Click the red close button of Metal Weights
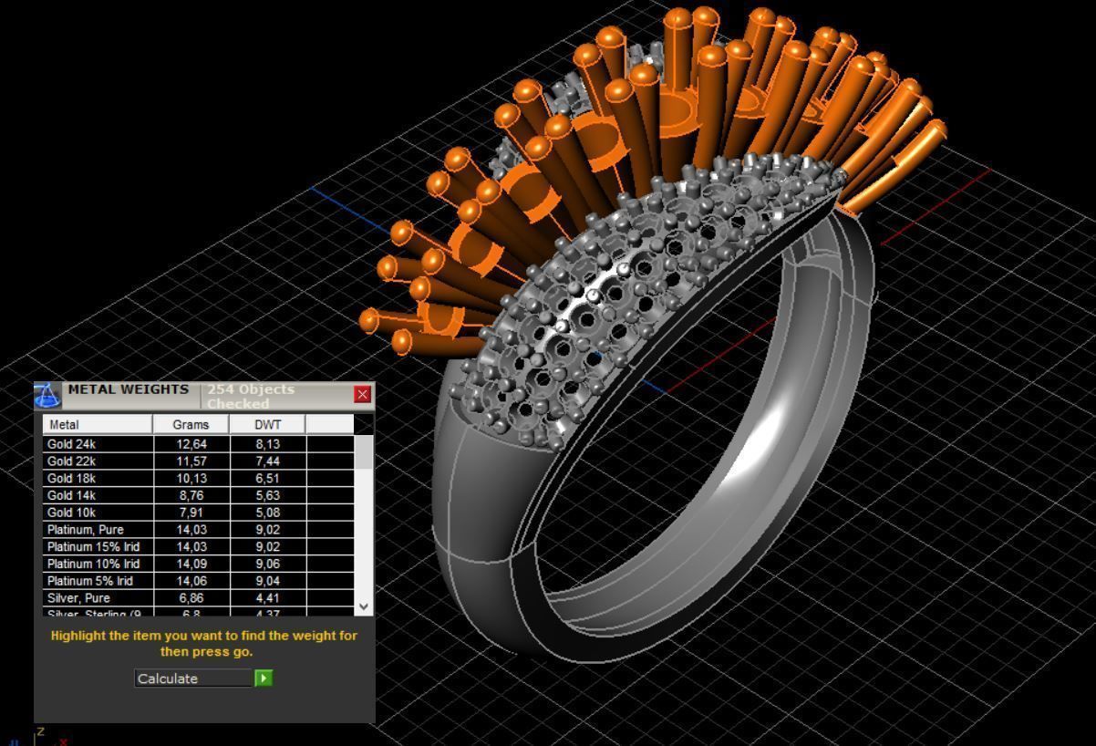[363, 394]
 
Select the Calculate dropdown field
[194, 679]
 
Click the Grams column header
[191, 424]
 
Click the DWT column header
[267, 424]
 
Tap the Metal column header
[97, 424]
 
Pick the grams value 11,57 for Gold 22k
[191, 461]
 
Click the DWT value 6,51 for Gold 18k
[267, 479]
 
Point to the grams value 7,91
[191, 513]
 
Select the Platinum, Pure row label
[86, 530]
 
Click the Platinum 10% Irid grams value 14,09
[191, 564]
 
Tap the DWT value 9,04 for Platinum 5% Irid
[267, 581]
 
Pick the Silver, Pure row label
[78, 598]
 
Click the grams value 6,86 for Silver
[191, 598]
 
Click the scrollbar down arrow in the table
[364, 606]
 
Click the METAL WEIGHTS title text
[129, 389]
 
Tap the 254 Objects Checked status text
[251, 396]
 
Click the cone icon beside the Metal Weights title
[47, 395]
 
